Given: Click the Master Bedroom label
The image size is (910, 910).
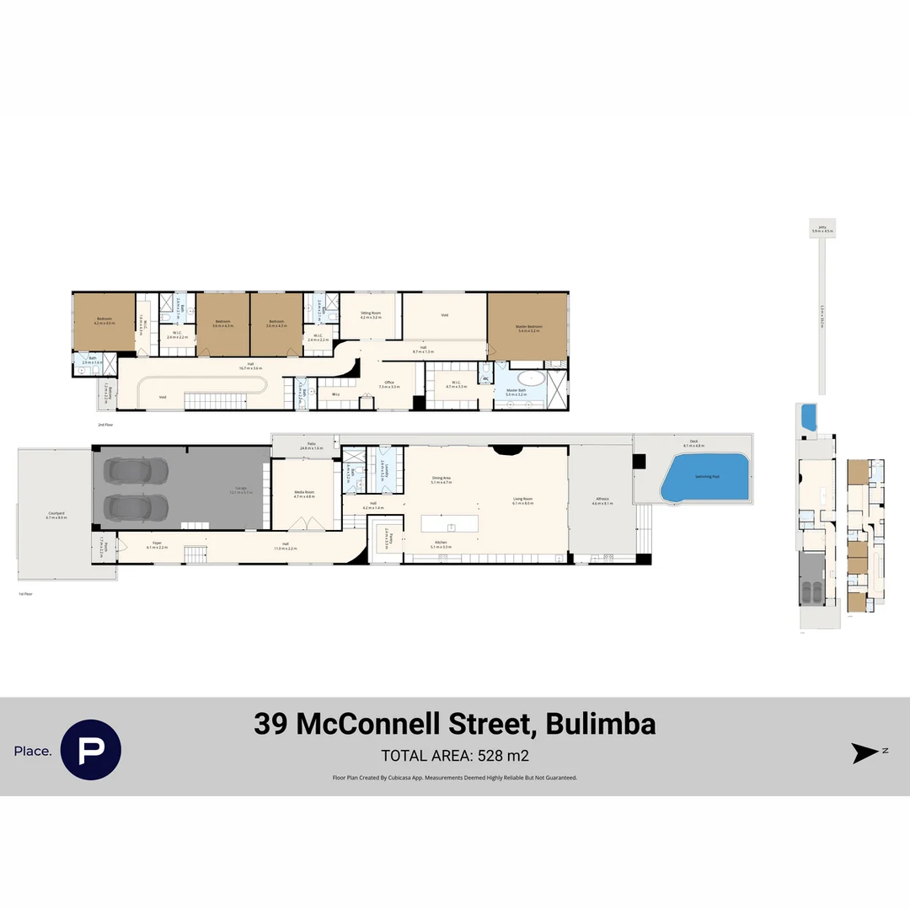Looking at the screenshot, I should [529, 327].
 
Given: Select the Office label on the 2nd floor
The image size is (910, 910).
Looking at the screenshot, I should [389, 383].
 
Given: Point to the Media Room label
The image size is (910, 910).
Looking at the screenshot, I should [303, 493].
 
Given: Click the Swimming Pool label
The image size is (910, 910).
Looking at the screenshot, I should [707, 477].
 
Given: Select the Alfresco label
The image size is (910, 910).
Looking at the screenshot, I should [602, 501].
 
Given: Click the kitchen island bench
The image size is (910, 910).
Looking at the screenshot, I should [449, 523].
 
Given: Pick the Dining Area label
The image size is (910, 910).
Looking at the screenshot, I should [442, 479].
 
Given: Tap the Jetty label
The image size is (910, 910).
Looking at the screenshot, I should [822, 227].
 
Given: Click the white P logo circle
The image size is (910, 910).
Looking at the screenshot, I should [91, 749].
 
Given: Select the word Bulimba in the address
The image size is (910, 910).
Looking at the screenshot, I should [601, 725].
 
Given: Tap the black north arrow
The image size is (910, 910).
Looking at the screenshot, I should [865, 752].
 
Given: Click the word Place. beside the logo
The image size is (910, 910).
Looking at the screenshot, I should [33, 751].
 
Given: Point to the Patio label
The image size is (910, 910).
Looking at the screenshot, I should [311, 445].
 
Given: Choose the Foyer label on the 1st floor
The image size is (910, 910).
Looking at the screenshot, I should [157, 545].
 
